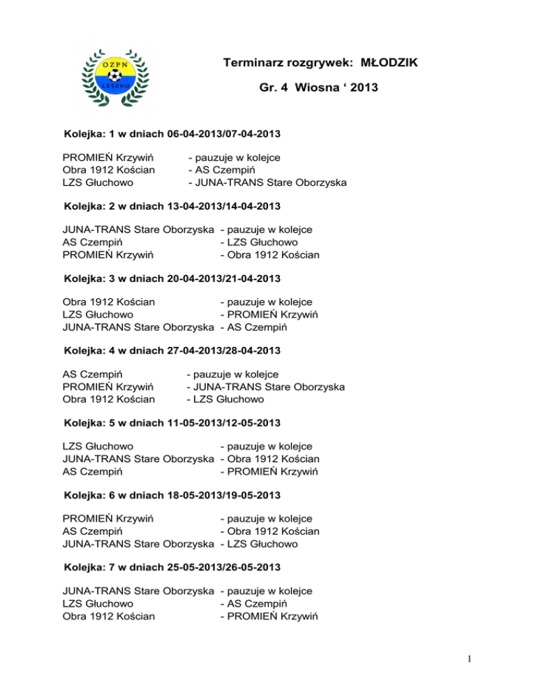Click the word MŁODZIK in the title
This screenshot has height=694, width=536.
click(x=389, y=64)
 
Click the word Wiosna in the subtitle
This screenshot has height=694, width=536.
click(x=313, y=89)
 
